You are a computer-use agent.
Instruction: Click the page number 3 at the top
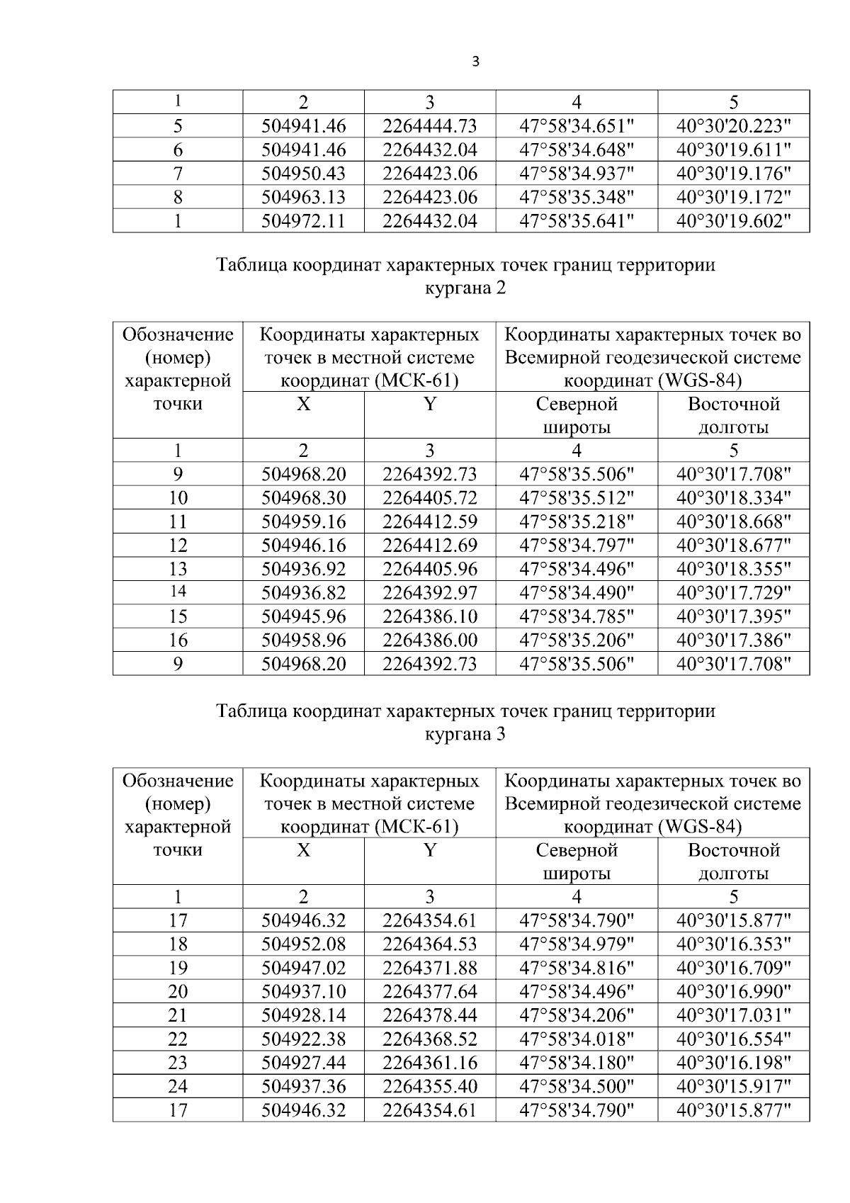coord(475,62)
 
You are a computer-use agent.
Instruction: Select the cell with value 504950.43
coord(303,174)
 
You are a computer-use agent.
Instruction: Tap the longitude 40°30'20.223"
coord(733,126)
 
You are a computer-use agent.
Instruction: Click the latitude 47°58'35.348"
coord(577,197)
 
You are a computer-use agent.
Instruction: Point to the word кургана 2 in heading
coord(465,288)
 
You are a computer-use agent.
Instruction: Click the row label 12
coord(178,546)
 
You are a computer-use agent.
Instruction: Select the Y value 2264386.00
coord(430,640)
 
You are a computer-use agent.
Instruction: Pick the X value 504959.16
coord(303,522)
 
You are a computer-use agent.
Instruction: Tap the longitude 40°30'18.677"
coord(733,546)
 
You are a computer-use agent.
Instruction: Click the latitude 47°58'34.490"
coord(577,593)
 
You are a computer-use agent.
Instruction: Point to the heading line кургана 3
coord(465,734)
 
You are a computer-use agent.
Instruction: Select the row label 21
coord(178,1015)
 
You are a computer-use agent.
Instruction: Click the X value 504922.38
coord(303,1039)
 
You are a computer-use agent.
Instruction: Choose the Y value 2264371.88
coord(430,968)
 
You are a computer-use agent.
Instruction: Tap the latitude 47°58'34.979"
coord(577,944)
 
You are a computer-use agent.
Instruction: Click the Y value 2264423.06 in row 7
coord(430,174)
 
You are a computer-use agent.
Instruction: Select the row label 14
coord(178,592)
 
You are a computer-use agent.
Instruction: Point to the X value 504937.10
coord(303,992)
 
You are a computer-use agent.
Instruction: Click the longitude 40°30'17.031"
coord(733,1015)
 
